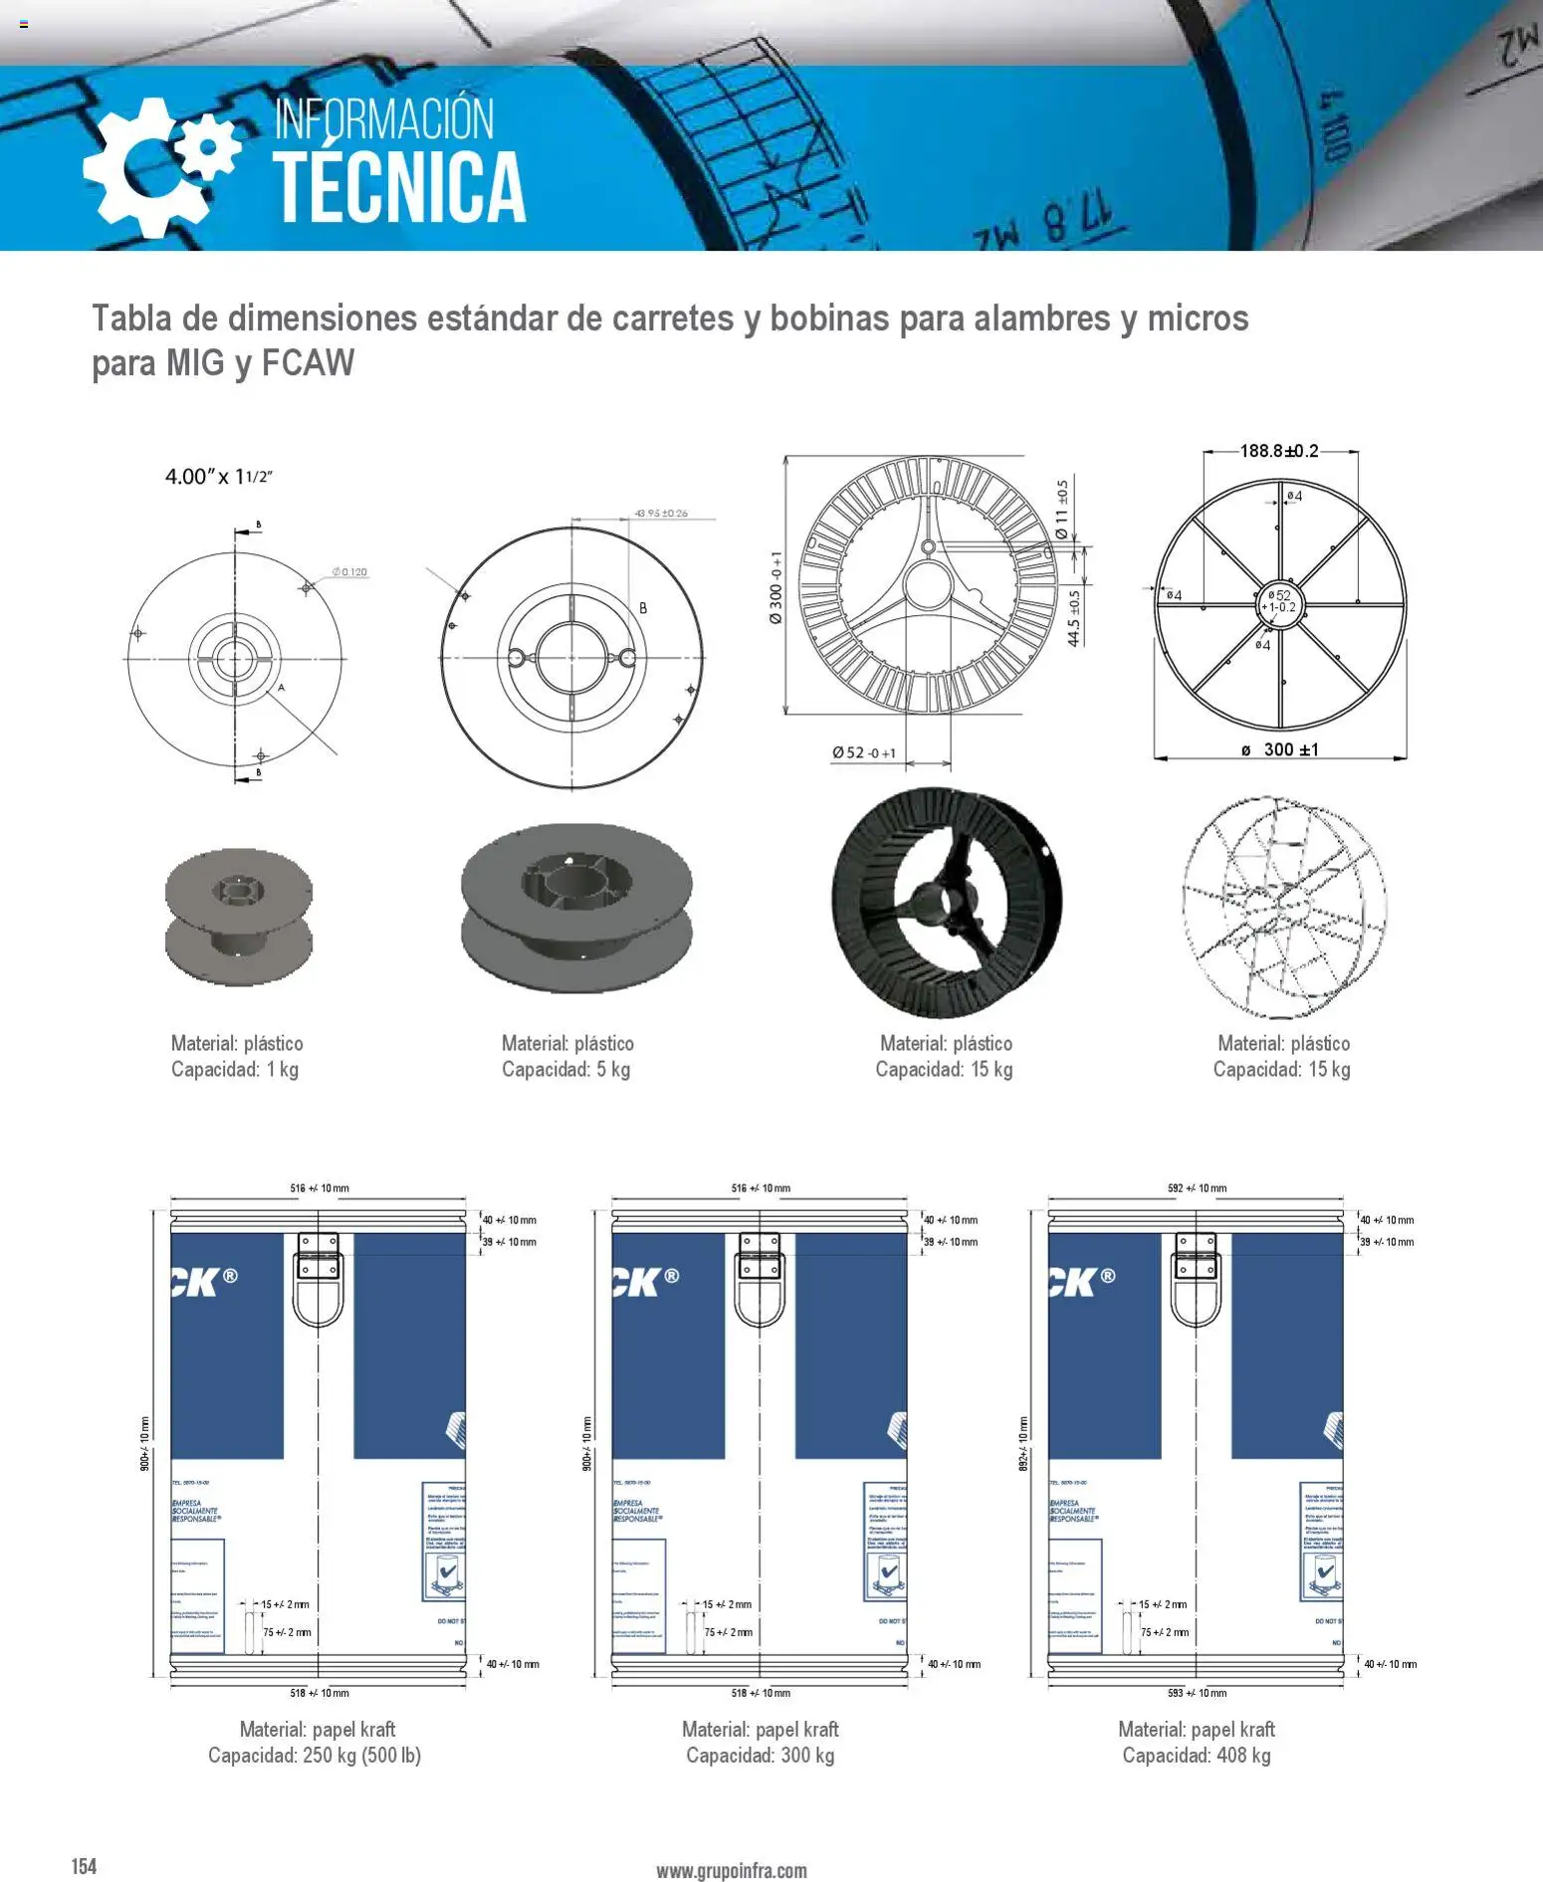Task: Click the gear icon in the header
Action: [159, 165]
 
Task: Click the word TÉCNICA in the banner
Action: [399, 187]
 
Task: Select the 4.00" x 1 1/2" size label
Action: [219, 477]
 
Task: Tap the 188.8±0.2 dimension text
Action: [1279, 451]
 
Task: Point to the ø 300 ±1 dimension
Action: [1280, 749]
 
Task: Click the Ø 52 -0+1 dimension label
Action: [864, 752]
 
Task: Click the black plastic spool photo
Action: [946, 902]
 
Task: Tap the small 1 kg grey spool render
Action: [239, 916]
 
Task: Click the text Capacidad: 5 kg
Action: [565, 1069]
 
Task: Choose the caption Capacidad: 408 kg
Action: [1196, 1755]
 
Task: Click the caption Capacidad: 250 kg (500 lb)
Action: [315, 1755]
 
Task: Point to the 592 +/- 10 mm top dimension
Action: [1197, 1188]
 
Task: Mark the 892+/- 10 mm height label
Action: [1022, 1444]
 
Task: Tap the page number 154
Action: [84, 1865]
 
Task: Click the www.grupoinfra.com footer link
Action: [731, 1870]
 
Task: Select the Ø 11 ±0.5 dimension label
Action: [1062, 511]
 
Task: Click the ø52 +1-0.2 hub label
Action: [1279, 601]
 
